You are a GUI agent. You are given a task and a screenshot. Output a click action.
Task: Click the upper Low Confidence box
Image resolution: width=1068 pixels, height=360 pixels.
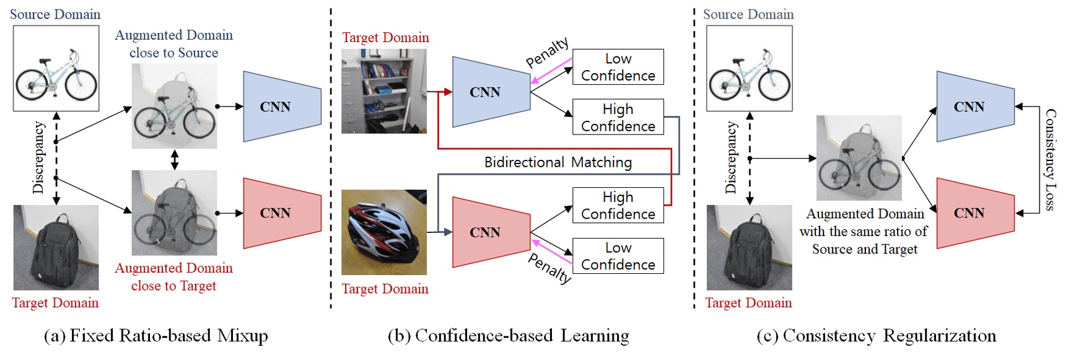click(x=618, y=67)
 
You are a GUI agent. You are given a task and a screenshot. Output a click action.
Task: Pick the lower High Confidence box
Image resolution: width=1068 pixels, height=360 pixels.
click(x=618, y=205)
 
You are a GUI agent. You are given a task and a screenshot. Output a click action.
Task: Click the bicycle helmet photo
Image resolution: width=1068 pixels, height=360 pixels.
click(x=384, y=232)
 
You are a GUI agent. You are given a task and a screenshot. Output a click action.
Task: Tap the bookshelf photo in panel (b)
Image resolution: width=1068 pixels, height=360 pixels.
click(x=384, y=91)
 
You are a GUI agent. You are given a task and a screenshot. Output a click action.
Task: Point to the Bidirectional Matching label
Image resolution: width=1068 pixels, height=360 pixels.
click(x=558, y=162)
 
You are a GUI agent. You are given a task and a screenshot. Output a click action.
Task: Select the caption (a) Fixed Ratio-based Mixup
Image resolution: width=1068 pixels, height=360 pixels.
click(x=156, y=336)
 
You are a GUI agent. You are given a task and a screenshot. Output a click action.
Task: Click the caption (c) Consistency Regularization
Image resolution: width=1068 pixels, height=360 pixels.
click(x=876, y=336)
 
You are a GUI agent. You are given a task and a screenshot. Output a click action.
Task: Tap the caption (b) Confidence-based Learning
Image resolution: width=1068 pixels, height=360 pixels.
click(x=508, y=336)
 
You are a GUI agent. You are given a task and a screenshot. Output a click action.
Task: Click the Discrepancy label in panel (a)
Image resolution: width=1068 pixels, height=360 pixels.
click(x=38, y=157)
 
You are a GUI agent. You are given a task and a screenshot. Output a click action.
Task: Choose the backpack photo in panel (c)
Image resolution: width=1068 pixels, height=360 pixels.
click(x=749, y=247)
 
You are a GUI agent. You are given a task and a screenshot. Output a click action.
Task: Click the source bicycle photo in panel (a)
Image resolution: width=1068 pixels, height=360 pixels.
click(x=56, y=68)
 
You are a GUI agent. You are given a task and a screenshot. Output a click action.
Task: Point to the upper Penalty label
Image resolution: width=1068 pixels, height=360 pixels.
click(x=547, y=52)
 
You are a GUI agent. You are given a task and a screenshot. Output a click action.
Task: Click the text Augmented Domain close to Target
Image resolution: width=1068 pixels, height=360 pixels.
click(x=173, y=277)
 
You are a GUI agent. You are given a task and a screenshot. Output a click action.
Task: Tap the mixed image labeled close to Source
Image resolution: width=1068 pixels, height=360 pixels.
click(x=174, y=106)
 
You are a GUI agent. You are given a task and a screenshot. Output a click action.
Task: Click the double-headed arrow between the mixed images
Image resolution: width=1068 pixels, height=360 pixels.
click(x=175, y=159)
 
